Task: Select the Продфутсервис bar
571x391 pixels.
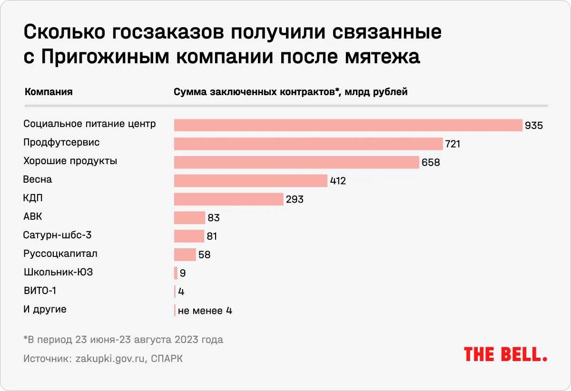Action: (x=308, y=144)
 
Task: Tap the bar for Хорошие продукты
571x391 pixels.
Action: (x=296, y=162)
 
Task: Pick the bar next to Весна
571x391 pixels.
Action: (x=251, y=181)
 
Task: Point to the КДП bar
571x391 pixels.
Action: (x=229, y=199)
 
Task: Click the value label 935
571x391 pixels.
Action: (x=533, y=126)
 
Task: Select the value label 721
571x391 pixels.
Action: (x=453, y=144)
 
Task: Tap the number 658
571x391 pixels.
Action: (x=431, y=162)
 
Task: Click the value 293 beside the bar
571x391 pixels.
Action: (x=295, y=199)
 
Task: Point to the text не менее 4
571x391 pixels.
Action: (x=205, y=311)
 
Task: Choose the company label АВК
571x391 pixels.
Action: (x=33, y=216)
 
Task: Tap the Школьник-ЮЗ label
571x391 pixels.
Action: (x=55, y=272)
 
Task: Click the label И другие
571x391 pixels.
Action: (x=45, y=309)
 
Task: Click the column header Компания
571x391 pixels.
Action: (x=48, y=92)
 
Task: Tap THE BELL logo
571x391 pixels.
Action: (x=505, y=354)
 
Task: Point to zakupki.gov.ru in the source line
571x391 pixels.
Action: (x=109, y=359)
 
